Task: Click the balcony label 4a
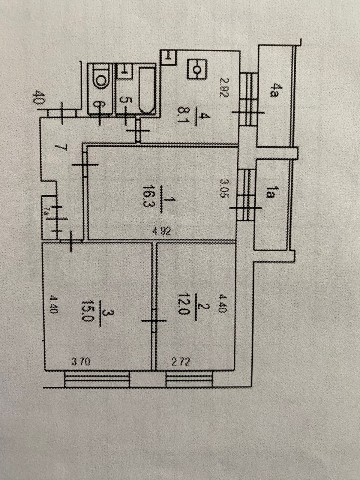click(272, 91)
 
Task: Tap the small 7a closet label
click(47, 208)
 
